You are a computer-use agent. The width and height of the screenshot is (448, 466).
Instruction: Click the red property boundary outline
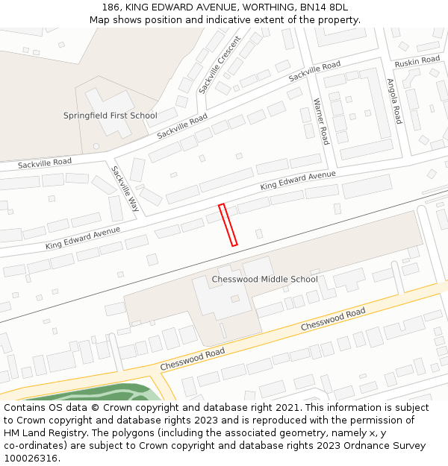pos(228,224)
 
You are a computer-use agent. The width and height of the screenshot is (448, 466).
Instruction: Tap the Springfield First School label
pos(110,116)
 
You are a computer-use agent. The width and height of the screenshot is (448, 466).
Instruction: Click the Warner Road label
pos(320,121)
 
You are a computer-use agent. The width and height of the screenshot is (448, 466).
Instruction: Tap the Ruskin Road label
pos(417,60)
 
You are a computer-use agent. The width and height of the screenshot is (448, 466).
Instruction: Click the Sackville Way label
pos(125,188)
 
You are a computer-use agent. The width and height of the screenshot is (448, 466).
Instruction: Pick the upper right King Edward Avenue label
pos(298,180)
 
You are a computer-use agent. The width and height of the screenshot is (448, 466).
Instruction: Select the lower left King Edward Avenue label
pos(83,238)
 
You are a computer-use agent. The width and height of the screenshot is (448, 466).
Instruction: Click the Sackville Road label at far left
pos(45,163)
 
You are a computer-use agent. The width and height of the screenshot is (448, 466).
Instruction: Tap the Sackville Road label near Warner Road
pos(314,72)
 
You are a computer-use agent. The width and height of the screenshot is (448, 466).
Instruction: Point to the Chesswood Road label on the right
pos(333,319)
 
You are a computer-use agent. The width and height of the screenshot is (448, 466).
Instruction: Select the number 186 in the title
pos(111,7)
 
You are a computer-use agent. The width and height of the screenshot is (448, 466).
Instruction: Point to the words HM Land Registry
pos(39,433)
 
